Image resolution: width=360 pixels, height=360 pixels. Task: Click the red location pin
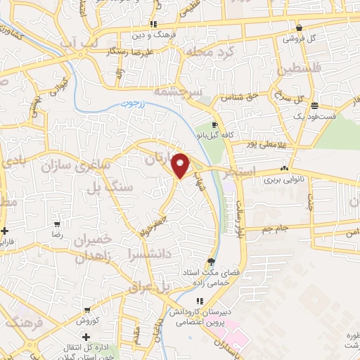(x=181, y=165)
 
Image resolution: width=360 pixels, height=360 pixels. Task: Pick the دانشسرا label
(x=151, y=250)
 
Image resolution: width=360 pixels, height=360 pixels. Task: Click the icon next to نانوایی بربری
(x=283, y=169)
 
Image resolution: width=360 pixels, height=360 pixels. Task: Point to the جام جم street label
(x=274, y=229)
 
